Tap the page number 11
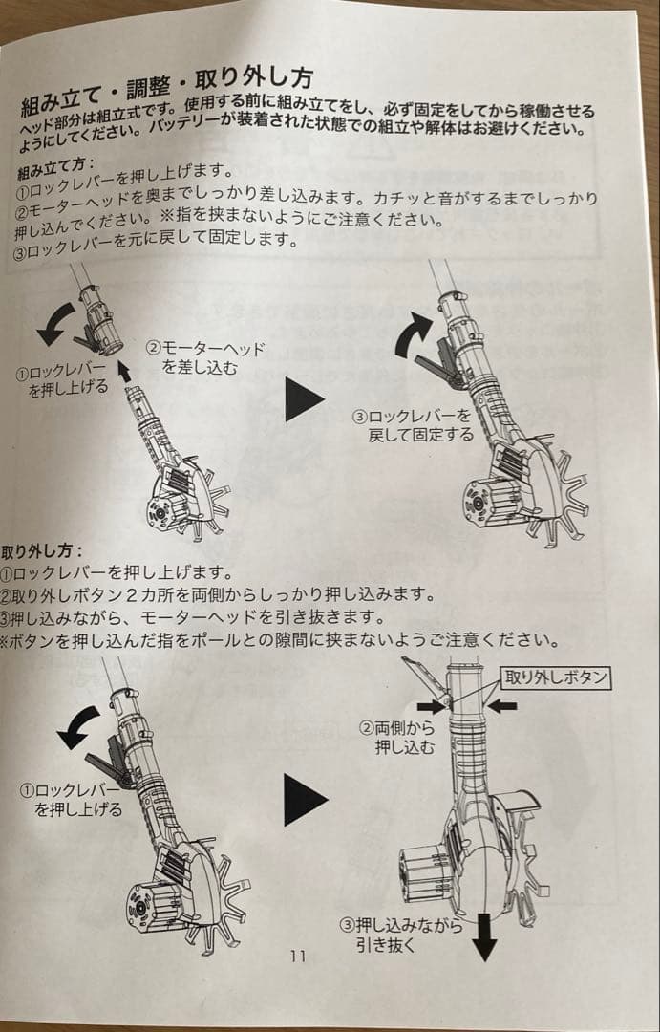[x=297, y=956]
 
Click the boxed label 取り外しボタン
[x=556, y=677]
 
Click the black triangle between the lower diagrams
[x=305, y=799]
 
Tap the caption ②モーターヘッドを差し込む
[x=204, y=358]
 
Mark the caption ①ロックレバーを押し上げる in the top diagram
[x=65, y=382]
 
